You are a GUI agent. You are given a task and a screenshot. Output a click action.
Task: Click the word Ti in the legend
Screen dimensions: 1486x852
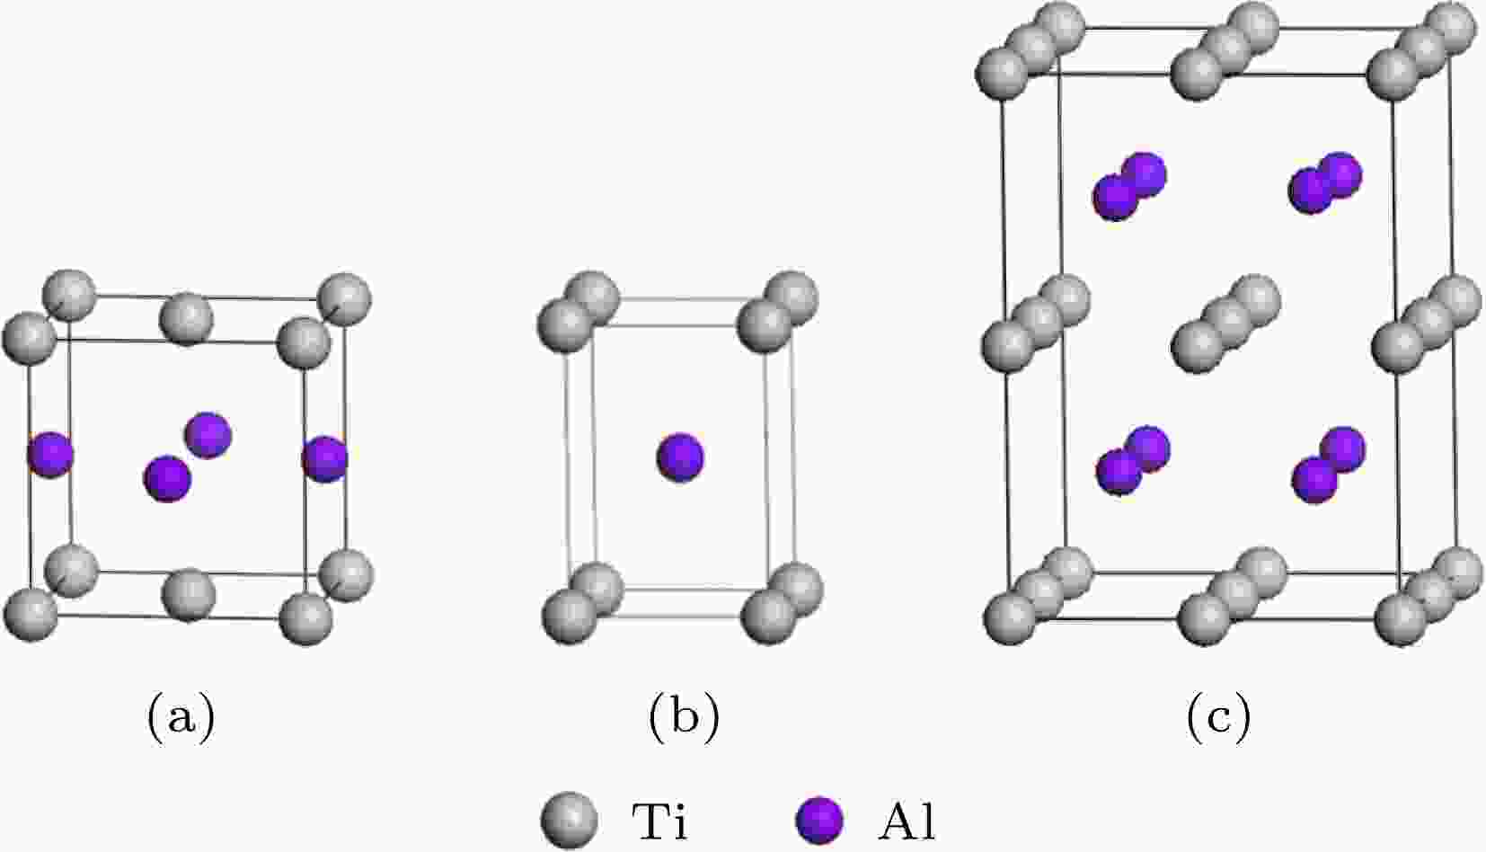[x=659, y=821]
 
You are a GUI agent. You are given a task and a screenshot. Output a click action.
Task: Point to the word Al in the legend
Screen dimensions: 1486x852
[x=907, y=821]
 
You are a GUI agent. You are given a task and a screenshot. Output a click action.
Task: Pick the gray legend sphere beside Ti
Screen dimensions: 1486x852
[x=569, y=821]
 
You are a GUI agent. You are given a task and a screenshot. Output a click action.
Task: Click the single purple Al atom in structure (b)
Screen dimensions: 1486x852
[x=680, y=457]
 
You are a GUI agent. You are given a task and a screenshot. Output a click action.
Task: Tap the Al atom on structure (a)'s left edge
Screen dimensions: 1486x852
[x=49, y=455]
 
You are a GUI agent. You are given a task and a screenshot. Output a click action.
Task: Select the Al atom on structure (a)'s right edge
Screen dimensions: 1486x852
[x=324, y=458]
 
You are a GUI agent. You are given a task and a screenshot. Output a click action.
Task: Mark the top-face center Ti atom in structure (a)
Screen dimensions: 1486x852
[x=186, y=319]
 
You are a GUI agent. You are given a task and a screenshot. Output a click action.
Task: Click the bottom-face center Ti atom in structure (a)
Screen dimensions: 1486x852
[x=189, y=595]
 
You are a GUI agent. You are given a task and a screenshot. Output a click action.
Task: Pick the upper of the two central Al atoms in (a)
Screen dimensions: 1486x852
[x=208, y=435]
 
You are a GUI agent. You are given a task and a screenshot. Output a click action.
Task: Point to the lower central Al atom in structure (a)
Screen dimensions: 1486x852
[x=167, y=478]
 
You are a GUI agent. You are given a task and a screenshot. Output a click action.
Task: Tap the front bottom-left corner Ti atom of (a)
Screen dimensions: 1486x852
[x=31, y=615]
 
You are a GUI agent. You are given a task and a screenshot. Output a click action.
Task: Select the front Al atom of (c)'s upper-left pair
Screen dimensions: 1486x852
[x=1116, y=197]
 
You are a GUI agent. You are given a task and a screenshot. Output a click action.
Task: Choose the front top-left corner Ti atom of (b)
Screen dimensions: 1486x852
[x=564, y=326]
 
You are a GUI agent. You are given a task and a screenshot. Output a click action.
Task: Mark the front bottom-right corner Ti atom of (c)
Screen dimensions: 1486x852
[x=1401, y=618]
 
